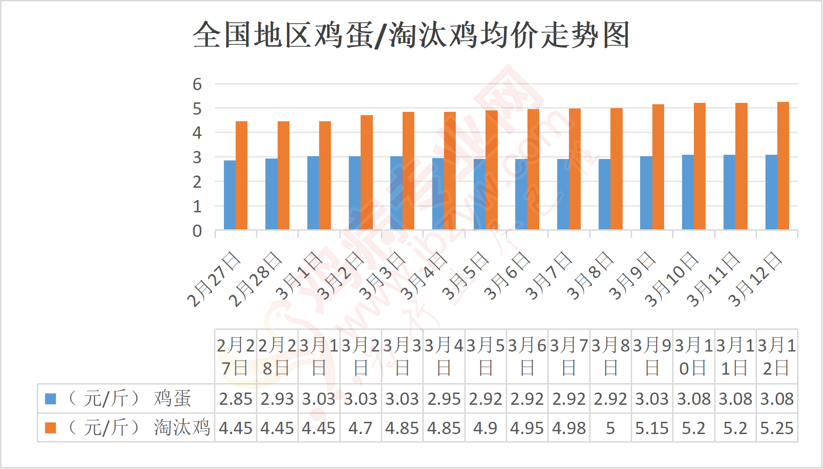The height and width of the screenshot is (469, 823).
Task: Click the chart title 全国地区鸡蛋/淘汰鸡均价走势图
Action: (x=411, y=35)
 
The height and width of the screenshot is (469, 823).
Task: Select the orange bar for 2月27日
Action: (x=241, y=176)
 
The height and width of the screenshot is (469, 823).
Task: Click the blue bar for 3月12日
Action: (x=771, y=192)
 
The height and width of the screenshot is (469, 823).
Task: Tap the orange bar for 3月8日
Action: (x=617, y=169)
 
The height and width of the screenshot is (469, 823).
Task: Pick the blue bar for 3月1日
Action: (x=313, y=193)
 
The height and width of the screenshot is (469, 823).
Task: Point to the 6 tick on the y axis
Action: (x=197, y=84)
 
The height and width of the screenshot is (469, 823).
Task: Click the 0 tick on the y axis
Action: (x=197, y=231)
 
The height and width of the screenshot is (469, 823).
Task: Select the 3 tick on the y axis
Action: (x=197, y=158)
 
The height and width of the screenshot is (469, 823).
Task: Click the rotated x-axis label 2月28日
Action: (x=255, y=279)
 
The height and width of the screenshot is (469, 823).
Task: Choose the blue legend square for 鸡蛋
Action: (x=50, y=399)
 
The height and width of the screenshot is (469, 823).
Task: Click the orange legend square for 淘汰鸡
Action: (x=50, y=428)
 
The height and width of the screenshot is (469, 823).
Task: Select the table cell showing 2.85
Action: (x=236, y=399)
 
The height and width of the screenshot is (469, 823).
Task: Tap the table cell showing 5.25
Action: (x=777, y=428)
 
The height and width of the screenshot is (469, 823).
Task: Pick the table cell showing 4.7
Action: (x=361, y=428)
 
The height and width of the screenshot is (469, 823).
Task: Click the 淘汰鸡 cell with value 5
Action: (x=610, y=428)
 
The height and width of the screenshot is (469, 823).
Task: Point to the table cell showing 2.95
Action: (x=444, y=399)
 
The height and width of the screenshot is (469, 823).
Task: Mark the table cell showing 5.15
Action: (x=652, y=428)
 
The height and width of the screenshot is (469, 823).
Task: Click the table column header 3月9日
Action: (x=652, y=356)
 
